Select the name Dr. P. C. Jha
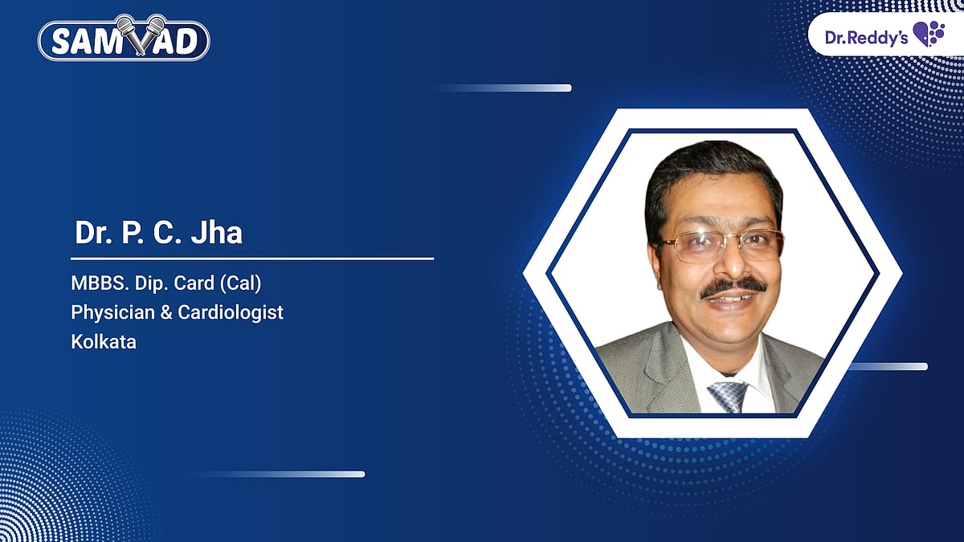click(x=158, y=233)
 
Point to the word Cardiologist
click(x=239, y=313)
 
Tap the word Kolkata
click(x=104, y=341)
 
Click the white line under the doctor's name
click(x=252, y=259)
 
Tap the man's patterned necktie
click(x=728, y=396)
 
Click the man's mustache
click(x=733, y=287)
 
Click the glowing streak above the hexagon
click(x=506, y=88)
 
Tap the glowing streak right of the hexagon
click(x=888, y=367)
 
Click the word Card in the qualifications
click(x=210, y=284)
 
